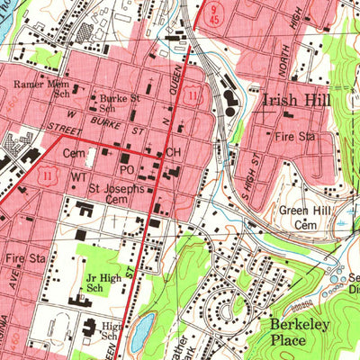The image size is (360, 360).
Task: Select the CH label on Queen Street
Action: click(x=174, y=154)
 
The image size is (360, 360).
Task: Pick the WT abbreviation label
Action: click(x=79, y=177)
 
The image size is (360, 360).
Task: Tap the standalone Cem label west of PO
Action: click(x=74, y=155)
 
